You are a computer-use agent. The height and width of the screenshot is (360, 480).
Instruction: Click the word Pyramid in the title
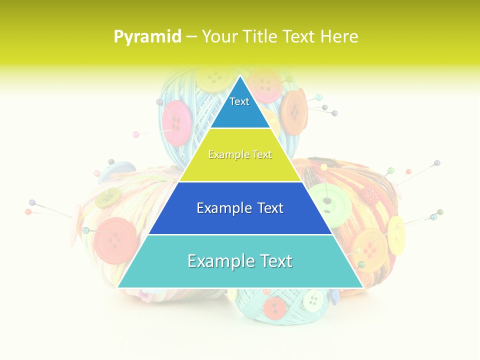pos(147,37)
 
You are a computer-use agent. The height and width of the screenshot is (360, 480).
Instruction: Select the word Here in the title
pos(339,36)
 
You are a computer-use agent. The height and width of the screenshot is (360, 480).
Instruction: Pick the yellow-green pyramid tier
pos(240,155)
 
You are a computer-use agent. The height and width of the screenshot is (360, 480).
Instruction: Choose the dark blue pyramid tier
pos(240,208)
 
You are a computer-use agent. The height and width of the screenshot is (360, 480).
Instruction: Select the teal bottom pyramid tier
pos(240,261)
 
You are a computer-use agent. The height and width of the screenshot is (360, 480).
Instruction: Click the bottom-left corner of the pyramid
pos(118,287)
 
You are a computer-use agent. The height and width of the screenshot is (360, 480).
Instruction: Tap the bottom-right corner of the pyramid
pos(362,287)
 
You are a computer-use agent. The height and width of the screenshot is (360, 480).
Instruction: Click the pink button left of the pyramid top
pos(177,123)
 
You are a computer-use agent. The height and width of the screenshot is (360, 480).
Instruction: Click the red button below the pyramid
pos(275,307)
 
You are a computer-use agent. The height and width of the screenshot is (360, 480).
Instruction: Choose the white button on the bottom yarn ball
pos(312,299)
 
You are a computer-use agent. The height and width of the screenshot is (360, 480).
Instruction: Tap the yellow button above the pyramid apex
pos(213,77)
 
